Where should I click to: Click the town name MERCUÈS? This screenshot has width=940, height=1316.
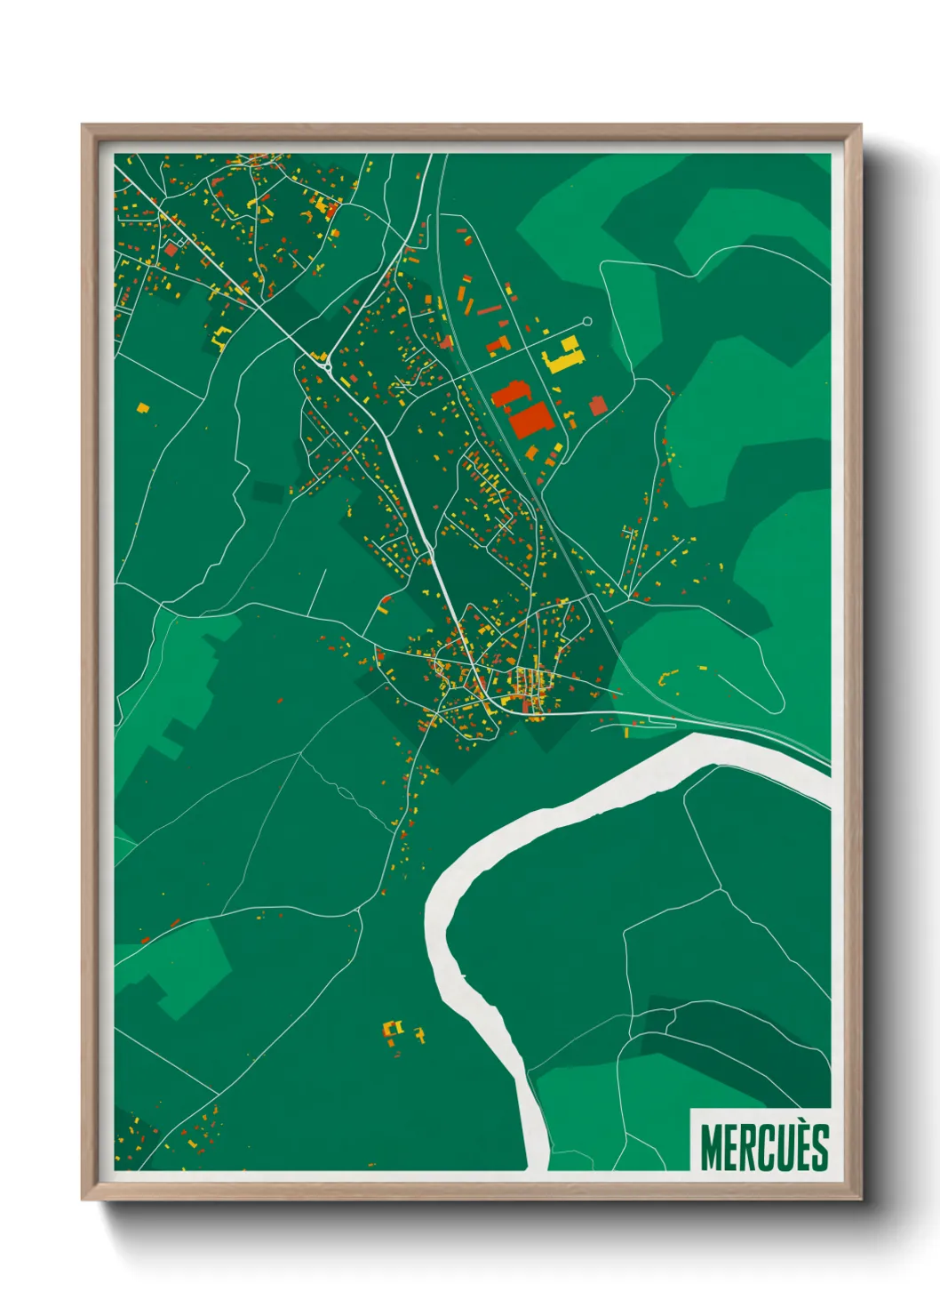[764, 1147]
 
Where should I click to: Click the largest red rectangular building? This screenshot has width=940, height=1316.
[532, 419]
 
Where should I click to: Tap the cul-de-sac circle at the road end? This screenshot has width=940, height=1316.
[586, 322]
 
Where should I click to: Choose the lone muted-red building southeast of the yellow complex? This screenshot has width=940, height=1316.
[598, 405]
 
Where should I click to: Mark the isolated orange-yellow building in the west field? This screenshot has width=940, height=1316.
[142, 408]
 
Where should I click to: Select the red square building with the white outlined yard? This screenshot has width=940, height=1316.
[171, 250]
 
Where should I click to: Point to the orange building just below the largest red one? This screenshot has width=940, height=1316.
[531, 453]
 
